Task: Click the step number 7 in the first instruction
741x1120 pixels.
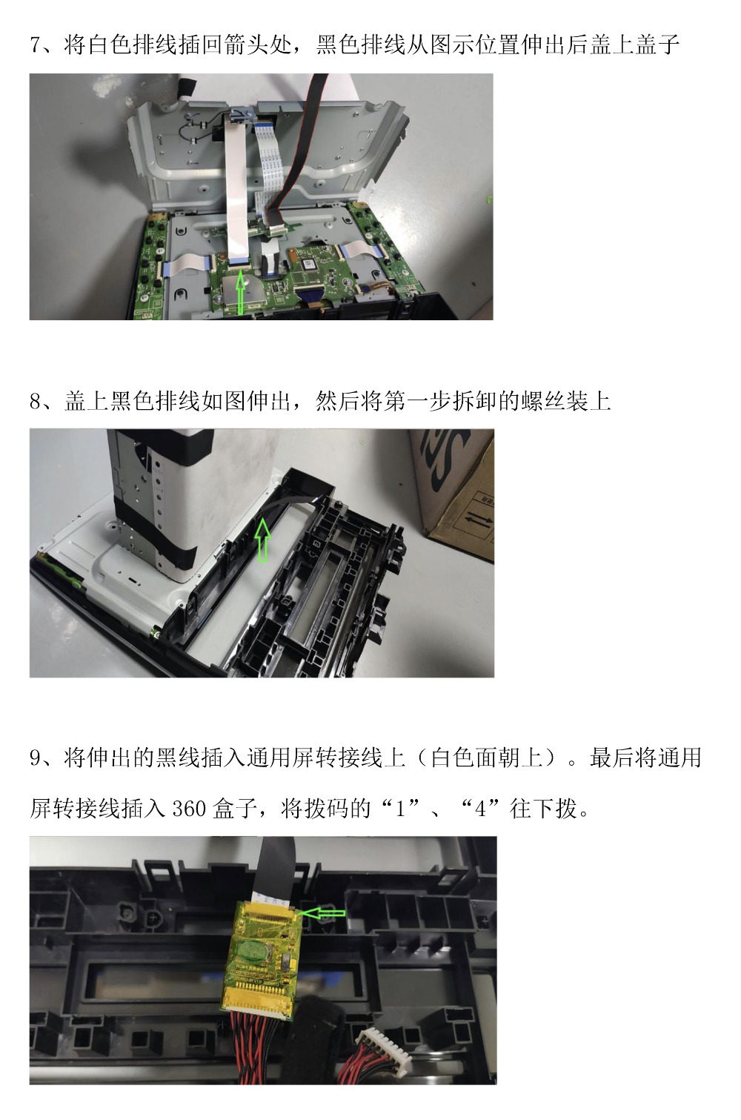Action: click(x=36, y=45)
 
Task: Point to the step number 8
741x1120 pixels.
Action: click(x=36, y=402)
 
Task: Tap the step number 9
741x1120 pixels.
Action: click(x=36, y=758)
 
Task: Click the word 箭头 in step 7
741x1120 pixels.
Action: click(x=247, y=45)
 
